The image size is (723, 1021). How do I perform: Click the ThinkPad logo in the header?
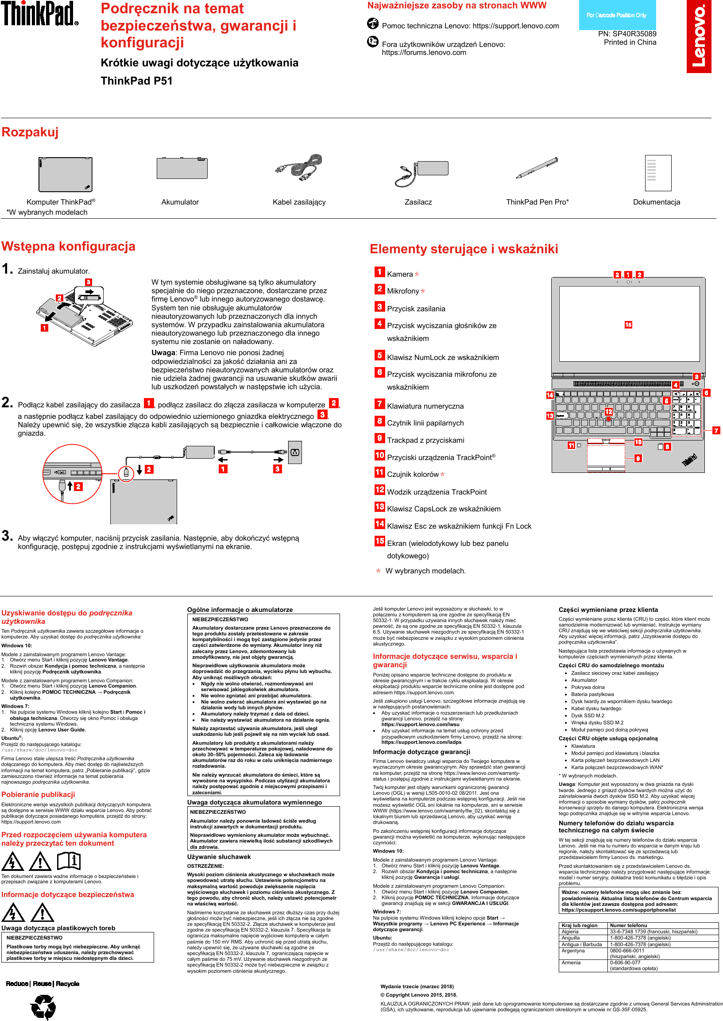coord(39,14)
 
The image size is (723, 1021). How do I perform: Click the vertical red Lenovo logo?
coord(699,36)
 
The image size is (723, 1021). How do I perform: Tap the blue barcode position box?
coord(617,15)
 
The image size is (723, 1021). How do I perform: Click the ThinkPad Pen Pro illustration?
coord(537,168)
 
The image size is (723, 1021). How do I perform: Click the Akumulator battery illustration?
coord(182,168)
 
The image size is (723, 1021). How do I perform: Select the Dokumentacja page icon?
coord(657,173)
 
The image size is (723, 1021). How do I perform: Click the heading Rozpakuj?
coord(30,132)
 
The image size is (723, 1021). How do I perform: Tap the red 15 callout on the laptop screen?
coord(628,325)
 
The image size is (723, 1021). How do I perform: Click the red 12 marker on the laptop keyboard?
coord(609,411)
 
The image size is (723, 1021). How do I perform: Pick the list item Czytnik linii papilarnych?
coord(425,423)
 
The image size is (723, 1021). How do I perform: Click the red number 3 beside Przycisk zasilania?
coord(379,306)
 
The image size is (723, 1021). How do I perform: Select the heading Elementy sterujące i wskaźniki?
coord(464,249)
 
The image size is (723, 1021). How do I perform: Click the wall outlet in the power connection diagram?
coord(295,452)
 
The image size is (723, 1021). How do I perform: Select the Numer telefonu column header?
coord(628,925)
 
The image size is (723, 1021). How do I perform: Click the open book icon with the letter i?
coord(69,861)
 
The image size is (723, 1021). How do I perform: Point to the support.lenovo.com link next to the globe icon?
coord(515,26)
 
